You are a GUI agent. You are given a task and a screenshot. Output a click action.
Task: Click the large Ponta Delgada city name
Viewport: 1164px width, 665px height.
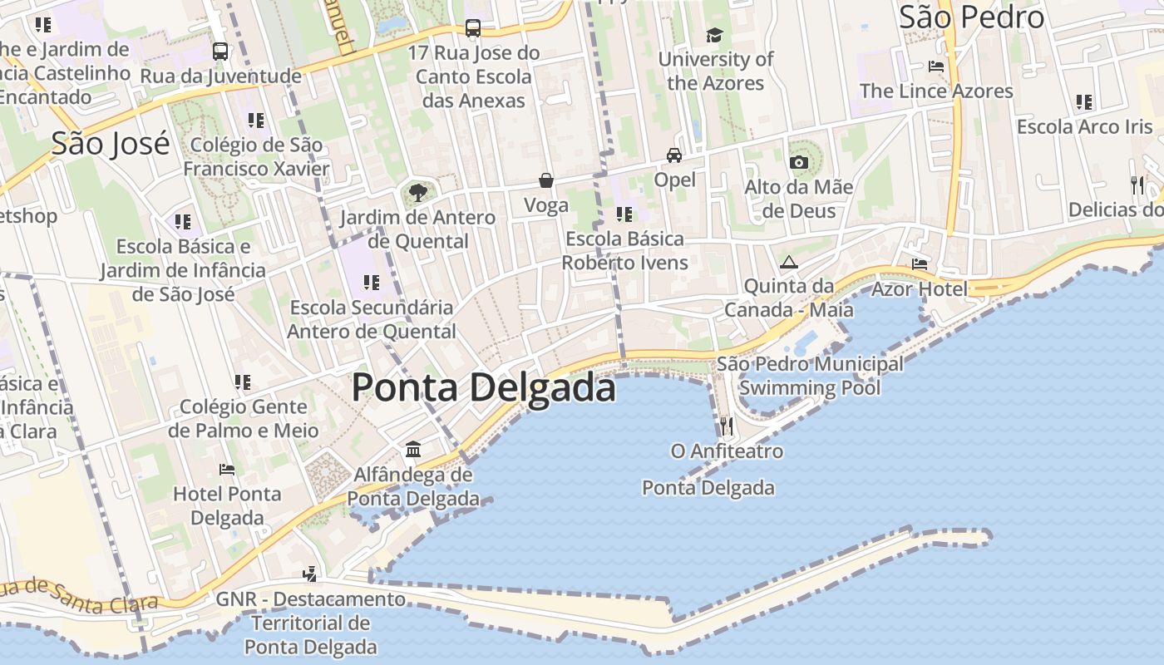pyautogui.click(x=483, y=388)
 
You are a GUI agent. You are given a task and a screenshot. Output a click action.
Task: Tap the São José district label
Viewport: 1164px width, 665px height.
pyautogui.click(x=111, y=144)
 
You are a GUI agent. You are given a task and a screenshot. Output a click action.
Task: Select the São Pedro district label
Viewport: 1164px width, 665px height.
pyautogui.click(x=971, y=17)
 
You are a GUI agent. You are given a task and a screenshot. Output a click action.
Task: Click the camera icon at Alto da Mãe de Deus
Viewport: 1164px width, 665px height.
pyautogui.click(x=799, y=162)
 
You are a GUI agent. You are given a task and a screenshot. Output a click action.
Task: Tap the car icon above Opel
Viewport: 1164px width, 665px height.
pyautogui.click(x=674, y=155)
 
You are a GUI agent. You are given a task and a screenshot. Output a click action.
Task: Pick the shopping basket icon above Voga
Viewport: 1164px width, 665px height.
pyautogui.click(x=546, y=180)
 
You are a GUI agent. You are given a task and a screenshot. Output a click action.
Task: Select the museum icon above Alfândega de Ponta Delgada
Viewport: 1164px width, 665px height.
pyautogui.click(x=413, y=450)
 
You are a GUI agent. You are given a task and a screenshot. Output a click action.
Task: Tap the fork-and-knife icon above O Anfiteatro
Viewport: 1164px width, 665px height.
pyautogui.click(x=727, y=426)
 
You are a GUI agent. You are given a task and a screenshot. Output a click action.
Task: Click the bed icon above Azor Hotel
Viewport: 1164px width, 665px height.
pyautogui.click(x=920, y=264)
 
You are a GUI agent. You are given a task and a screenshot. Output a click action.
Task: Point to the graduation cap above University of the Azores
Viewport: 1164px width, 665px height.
pyautogui.click(x=714, y=35)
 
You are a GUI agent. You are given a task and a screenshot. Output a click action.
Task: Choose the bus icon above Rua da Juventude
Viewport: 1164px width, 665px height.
pyautogui.click(x=220, y=52)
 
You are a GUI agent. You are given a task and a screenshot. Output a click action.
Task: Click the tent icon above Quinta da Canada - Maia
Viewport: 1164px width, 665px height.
pyautogui.click(x=788, y=262)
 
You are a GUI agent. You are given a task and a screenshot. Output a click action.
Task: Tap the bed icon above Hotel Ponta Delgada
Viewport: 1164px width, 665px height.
pyautogui.click(x=227, y=470)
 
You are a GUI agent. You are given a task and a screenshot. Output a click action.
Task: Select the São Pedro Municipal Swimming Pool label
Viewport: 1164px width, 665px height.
pyautogui.click(x=810, y=376)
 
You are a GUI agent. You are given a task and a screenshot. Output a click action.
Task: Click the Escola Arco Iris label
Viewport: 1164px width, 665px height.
pyautogui.click(x=1085, y=127)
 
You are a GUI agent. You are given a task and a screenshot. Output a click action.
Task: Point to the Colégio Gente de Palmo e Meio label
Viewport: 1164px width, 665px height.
pyautogui.click(x=243, y=418)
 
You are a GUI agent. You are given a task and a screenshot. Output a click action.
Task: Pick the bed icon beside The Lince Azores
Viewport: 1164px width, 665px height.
pyautogui.click(x=936, y=66)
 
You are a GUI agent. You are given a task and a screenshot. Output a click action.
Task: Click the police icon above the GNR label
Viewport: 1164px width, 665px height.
pyautogui.click(x=310, y=574)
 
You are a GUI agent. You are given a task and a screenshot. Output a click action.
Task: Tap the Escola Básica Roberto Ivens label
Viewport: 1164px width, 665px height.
pyautogui.click(x=625, y=251)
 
